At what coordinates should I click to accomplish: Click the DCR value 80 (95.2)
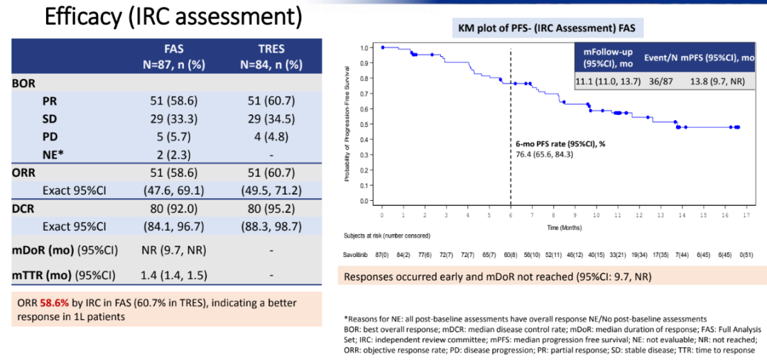pyautogui.click(x=271, y=210)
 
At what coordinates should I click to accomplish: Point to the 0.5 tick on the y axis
pyautogui.click(x=364, y=124)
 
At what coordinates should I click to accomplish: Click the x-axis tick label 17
pyautogui.click(x=744, y=215)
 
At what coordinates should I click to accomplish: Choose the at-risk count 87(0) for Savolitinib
pyautogui.click(x=382, y=254)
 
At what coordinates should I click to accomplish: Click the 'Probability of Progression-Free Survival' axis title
pyautogui.click(x=348, y=124)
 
